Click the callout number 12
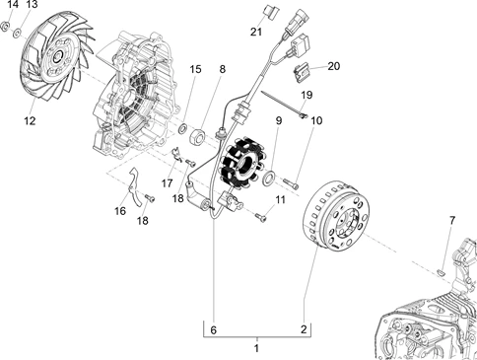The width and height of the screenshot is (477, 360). pyautogui.click(x=30, y=121)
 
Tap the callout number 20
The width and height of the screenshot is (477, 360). pyautogui.click(x=333, y=66)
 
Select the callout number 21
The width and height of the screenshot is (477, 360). pyautogui.click(x=256, y=32)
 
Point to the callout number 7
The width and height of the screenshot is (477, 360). pyautogui.click(x=452, y=220)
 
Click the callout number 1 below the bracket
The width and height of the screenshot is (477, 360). pyautogui.click(x=256, y=348)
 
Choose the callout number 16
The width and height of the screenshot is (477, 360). pyautogui.click(x=120, y=211)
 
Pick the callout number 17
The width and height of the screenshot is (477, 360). pyautogui.click(x=168, y=183)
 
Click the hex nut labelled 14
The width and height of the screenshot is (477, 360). pyautogui.click(x=5, y=27)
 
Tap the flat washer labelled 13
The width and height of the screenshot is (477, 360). pyautogui.click(x=17, y=33)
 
